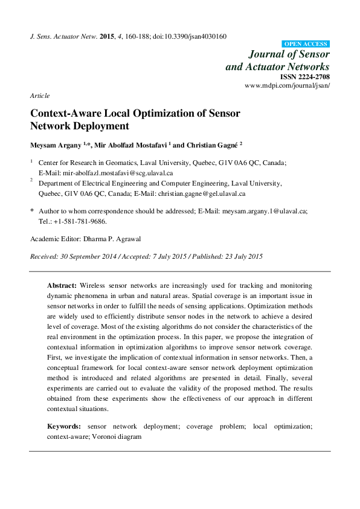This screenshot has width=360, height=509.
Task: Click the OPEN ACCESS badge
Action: (x=306, y=44)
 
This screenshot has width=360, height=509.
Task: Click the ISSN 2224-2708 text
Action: (x=304, y=77)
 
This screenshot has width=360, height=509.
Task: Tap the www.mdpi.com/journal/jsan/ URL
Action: (x=287, y=86)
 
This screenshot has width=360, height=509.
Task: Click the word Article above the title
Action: (x=39, y=96)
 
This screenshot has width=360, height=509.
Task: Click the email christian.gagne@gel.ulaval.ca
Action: (x=201, y=194)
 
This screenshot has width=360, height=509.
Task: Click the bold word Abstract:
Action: (x=62, y=284)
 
